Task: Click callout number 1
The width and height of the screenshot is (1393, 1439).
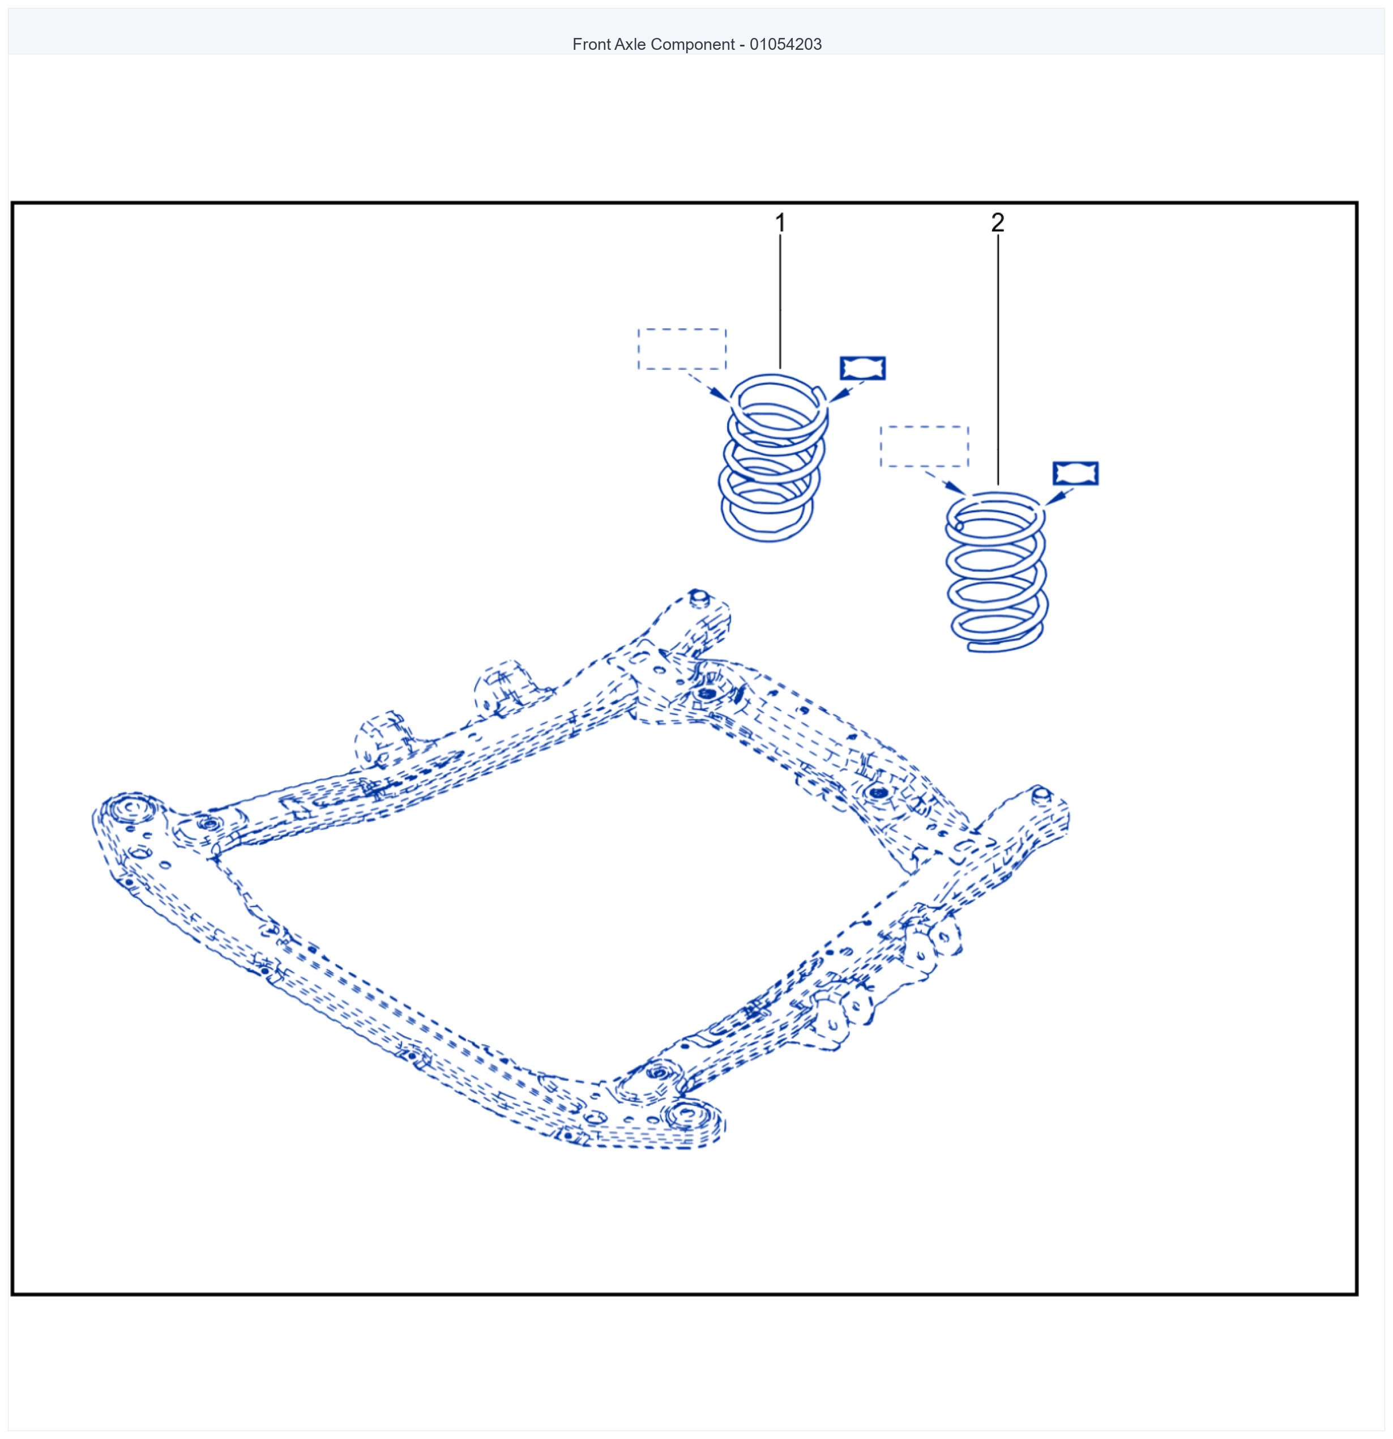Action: pos(780,223)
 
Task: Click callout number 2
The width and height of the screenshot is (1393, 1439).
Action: pos(997,223)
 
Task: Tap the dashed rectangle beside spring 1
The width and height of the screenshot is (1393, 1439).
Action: pos(682,330)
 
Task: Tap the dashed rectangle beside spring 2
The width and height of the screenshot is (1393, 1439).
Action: pos(924,427)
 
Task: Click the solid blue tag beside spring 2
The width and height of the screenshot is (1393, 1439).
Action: pos(1075,474)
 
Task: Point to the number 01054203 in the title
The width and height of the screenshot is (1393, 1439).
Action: pos(785,44)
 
